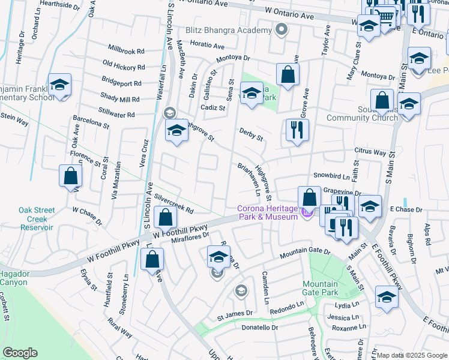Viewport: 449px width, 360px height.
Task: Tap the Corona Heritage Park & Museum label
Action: coord(267,212)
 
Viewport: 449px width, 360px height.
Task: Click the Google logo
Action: coord(20,353)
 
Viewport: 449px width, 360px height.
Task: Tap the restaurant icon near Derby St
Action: coord(297,131)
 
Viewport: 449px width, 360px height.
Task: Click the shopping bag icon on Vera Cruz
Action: coord(71,176)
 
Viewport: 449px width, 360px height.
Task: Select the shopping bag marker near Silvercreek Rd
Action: coord(165,218)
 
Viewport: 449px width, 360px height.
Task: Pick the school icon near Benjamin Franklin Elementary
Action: coord(60,86)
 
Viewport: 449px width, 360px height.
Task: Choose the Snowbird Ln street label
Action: coord(331,177)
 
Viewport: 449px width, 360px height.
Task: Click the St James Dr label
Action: coord(230,314)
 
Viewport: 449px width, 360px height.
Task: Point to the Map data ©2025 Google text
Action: coord(411,355)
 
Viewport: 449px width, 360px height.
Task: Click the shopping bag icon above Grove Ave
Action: coord(288,76)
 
